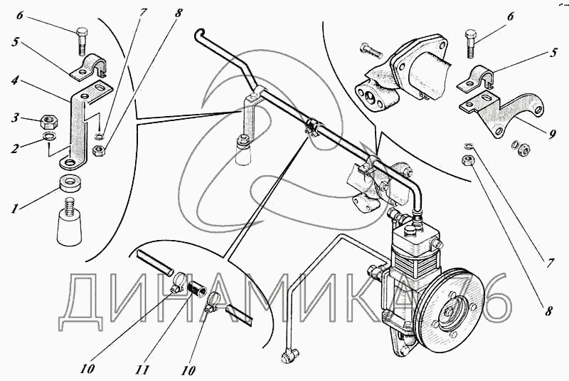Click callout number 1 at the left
click(14, 209)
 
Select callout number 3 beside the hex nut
click(15, 118)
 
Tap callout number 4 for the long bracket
click(14, 80)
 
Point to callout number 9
click(552, 135)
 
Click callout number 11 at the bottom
click(143, 370)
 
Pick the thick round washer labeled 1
click(68, 184)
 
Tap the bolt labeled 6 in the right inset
click(469, 44)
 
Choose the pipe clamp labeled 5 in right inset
click(475, 78)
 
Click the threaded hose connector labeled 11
click(196, 285)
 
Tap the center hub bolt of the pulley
click(450, 313)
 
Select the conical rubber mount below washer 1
click(70, 224)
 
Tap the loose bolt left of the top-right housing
click(371, 51)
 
